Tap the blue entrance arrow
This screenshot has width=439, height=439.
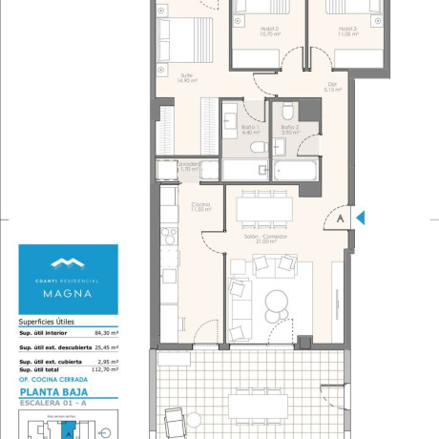[360, 218]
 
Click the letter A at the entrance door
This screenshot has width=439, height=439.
[340, 218]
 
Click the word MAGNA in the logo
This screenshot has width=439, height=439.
[68, 294]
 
